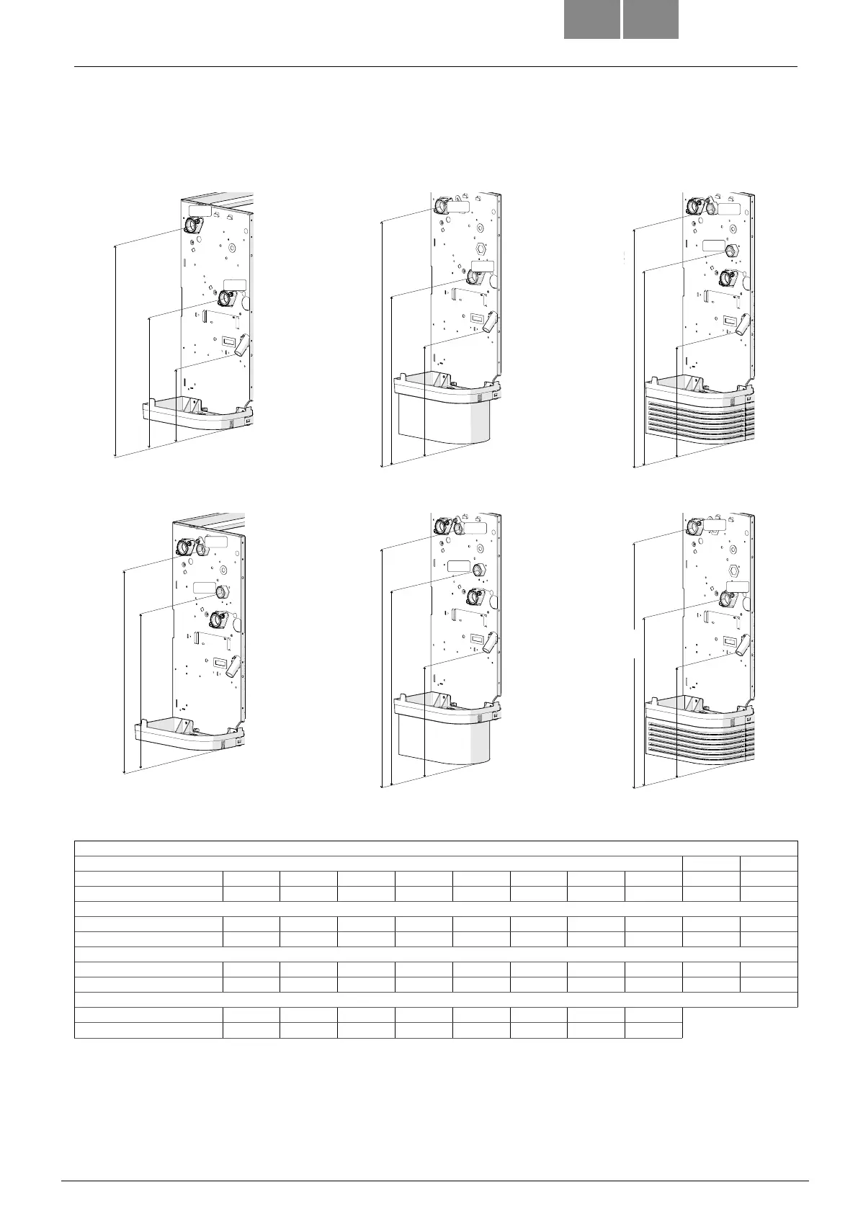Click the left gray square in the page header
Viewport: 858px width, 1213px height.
tap(591, 19)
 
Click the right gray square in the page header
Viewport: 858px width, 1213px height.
tap(651, 19)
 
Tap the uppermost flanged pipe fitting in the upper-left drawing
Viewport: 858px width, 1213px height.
tap(193, 226)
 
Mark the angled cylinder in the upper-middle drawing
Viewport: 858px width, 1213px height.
tap(490, 321)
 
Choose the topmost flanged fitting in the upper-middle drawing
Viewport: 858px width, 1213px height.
tap(441, 206)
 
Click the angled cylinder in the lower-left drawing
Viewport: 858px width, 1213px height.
tap(234, 666)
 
